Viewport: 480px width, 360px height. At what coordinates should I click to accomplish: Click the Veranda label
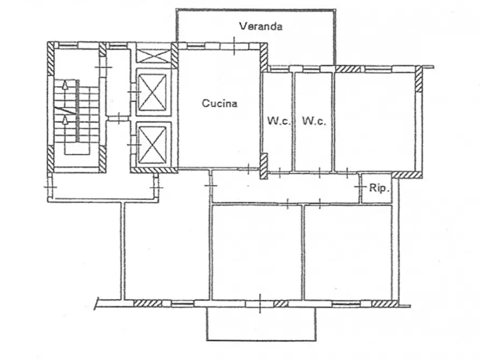click(261, 26)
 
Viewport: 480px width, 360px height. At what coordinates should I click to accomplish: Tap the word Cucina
click(219, 103)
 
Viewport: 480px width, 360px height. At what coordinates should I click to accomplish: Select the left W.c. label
click(279, 120)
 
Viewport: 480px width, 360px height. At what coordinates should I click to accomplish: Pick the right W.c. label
click(314, 121)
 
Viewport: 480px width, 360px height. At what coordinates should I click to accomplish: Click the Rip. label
click(379, 188)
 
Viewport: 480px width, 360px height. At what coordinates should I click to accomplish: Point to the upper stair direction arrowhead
click(65, 84)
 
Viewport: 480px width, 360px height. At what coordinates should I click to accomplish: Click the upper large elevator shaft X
click(152, 92)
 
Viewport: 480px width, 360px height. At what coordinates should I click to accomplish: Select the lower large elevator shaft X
click(152, 145)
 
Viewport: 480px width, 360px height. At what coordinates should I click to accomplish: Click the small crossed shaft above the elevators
click(153, 56)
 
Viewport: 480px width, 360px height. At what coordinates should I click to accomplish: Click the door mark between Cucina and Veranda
click(234, 46)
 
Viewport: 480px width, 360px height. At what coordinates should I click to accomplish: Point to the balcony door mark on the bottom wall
click(260, 304)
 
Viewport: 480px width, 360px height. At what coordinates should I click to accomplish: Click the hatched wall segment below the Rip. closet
click(407, 175)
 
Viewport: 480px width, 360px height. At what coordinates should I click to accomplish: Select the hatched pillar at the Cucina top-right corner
click(263, 57)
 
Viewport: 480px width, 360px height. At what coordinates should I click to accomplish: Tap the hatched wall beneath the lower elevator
click(154, 170)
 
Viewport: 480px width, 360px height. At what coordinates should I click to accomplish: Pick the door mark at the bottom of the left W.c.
click(280, 173)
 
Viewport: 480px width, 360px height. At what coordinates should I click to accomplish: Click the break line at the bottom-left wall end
click(97, 303)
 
